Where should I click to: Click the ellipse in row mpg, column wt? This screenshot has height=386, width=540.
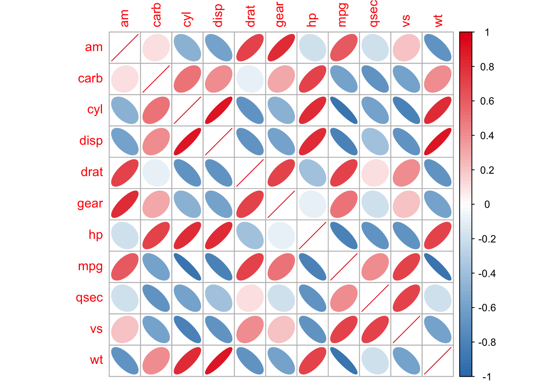pyautogui.click(x=438, y=267)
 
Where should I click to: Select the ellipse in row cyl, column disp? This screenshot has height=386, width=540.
pyautogui.click(x=219, y=110)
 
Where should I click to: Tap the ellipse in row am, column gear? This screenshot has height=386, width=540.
pyautogui.click(x=281, y=47)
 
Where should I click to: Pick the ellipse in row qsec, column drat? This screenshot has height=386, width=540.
pyautogui.click(x=250, y=298)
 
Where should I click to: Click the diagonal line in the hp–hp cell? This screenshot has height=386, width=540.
pyautogui.click(x=313, y=235)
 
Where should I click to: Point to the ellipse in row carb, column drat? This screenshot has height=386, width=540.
pyautogui.click(x=250, y=79)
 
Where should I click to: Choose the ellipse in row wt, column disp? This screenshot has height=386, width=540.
pyautogui.click(x=219, y=361)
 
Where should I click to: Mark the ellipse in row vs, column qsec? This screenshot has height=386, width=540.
pyautogui.click(x=375, y=329)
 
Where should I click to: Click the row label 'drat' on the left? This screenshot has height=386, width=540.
pyautogui.click(x=92, y=172)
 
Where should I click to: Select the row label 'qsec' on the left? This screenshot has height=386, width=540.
pyautogui.click(x=89, y=298)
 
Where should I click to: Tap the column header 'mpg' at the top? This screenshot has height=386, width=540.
pyautogui.click(x=342, y=15)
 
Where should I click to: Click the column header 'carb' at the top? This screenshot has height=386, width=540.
pyautogui.click(x=157, y=15)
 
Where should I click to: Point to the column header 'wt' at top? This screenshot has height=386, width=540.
pyautogui.click(x=438, y=20)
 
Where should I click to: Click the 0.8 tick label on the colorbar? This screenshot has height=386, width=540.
pyautogui.click(x=487, y=67)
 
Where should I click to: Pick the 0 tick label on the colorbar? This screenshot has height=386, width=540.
pyautogui.click(x=487, y=205)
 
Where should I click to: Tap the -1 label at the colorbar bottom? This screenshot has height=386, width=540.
pyautogui.click(x=486, y=377)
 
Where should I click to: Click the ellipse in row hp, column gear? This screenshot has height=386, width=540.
pyautogui.click(x=281, y=235)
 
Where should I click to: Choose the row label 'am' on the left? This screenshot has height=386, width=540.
pyautogui.click(x=94, y=47)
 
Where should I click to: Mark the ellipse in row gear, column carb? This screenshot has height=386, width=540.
pyautogui.click(x=156, y=204)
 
